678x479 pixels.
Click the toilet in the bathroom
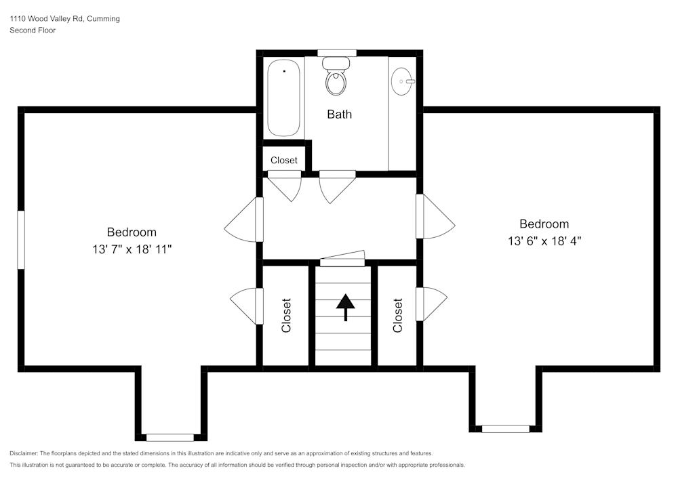(336, 77)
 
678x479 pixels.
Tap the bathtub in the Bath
(283, 98)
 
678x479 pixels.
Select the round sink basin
(402, 81)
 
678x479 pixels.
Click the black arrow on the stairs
(346, 308)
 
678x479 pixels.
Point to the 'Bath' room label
(340, 114)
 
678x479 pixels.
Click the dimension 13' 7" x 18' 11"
(132, 249)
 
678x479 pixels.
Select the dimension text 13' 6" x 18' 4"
(544, 241)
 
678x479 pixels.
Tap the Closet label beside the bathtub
(284, 161)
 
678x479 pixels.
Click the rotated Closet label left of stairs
(286, 315)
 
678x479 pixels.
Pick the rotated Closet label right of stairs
(398, 315)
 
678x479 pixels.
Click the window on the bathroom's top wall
(337, 53)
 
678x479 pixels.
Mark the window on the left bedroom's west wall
(21, 240)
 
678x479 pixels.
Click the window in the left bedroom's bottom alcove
(170, 438)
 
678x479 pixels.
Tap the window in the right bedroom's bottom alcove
(506, 429)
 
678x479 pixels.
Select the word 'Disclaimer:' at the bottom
(24, 453)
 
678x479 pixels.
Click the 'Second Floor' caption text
(33, 30)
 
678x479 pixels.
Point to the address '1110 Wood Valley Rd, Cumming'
(65, 18)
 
